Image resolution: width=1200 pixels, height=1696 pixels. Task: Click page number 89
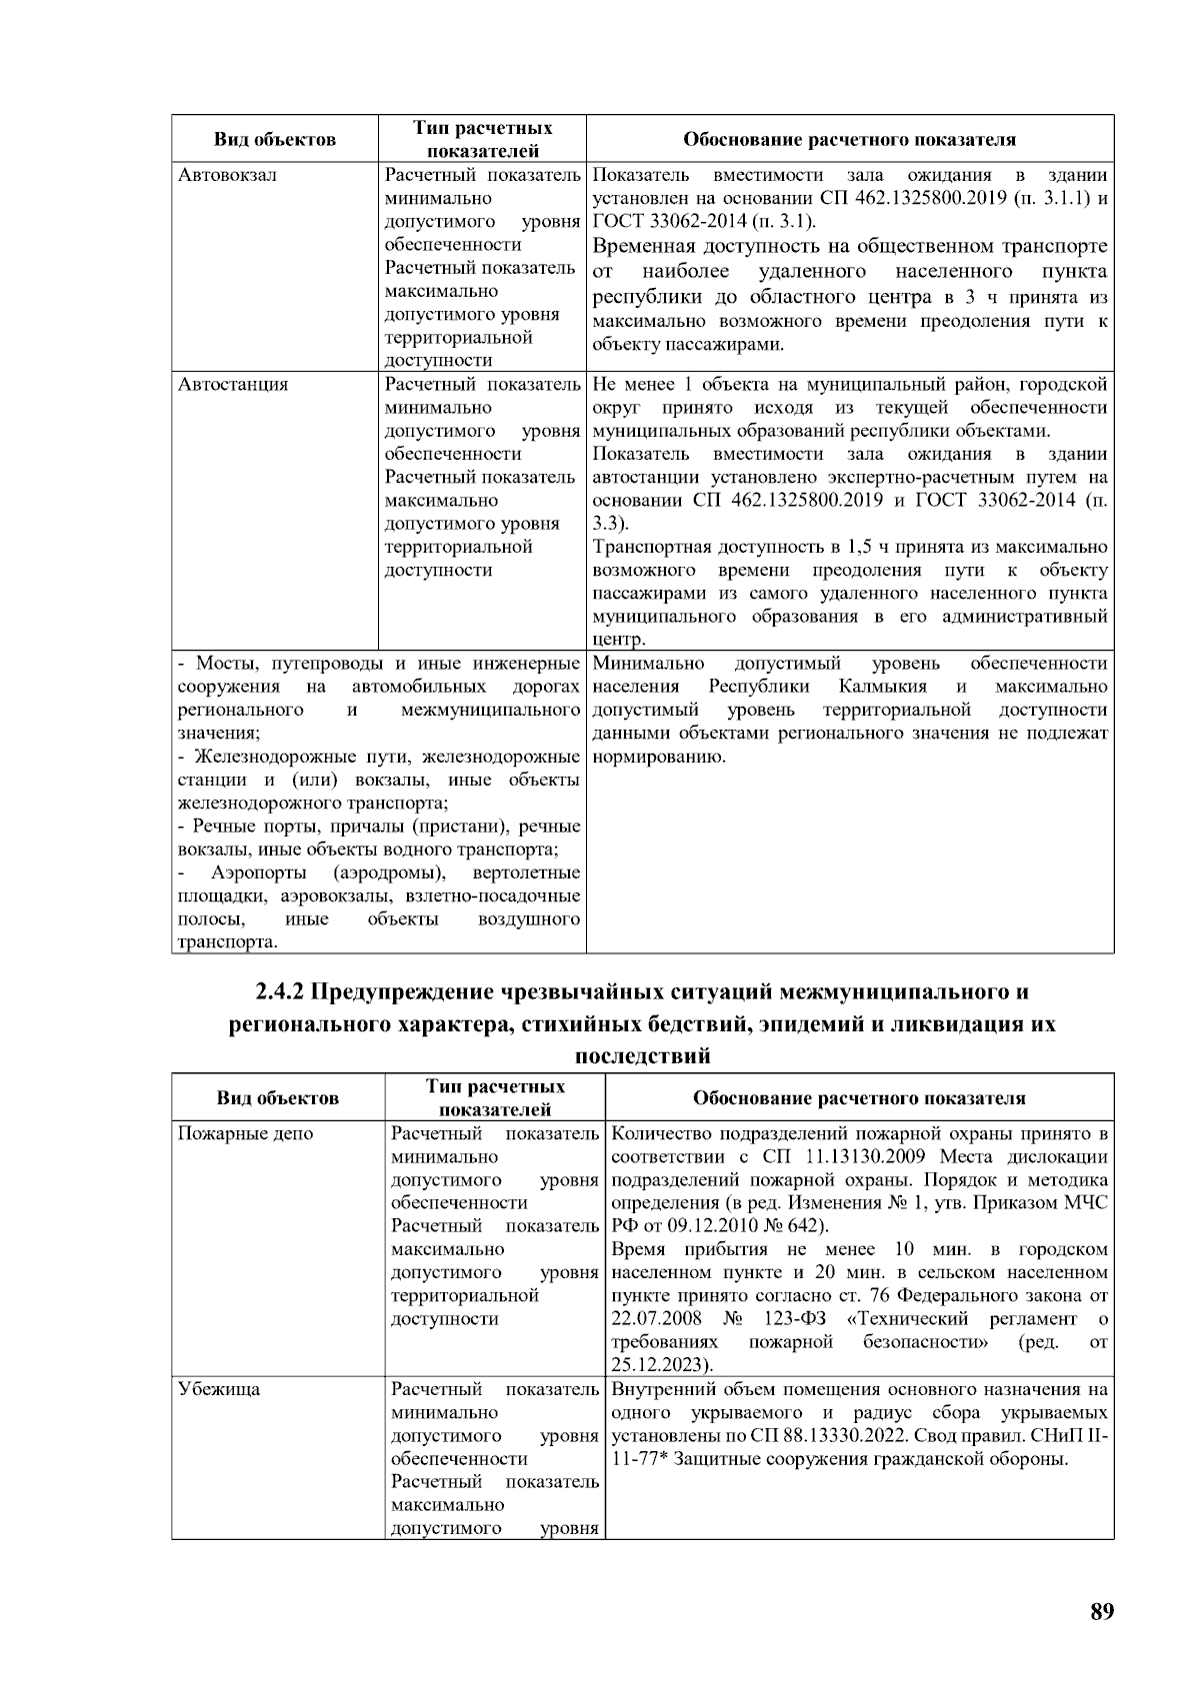click(x=1101, y=1612)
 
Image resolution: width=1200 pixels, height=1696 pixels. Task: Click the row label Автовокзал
click(x=227, y=175)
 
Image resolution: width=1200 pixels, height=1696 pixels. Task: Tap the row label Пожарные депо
click(x=245, y=1133)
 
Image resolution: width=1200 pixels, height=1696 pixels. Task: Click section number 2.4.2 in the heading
click(x=279, y=992)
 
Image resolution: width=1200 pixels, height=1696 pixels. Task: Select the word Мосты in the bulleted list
click(x=226, y=664)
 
